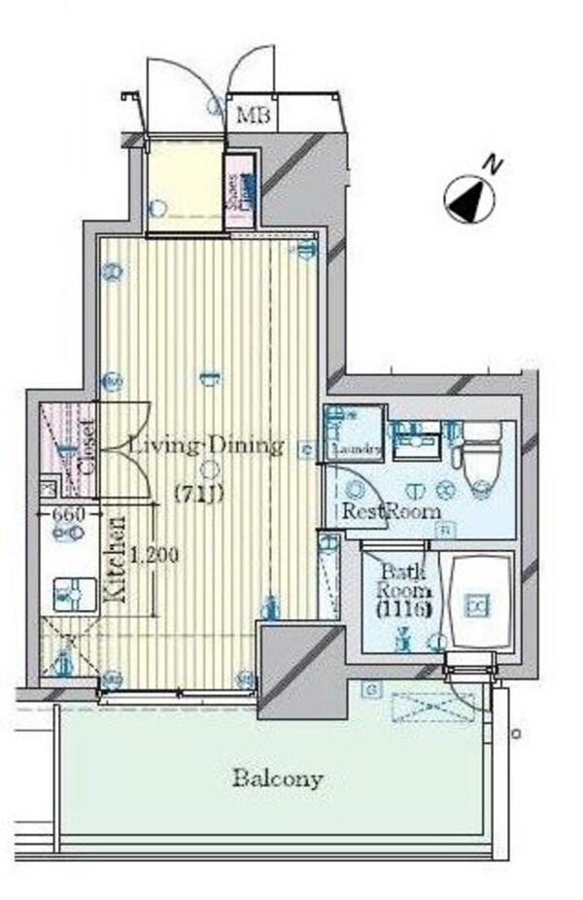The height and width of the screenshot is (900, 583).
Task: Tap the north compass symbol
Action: tap(467, 197)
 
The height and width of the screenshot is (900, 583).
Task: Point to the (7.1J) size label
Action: tap(199, 493)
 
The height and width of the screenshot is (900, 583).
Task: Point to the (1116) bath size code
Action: tap(397, 610)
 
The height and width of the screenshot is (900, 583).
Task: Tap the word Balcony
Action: tap(277, 779)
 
